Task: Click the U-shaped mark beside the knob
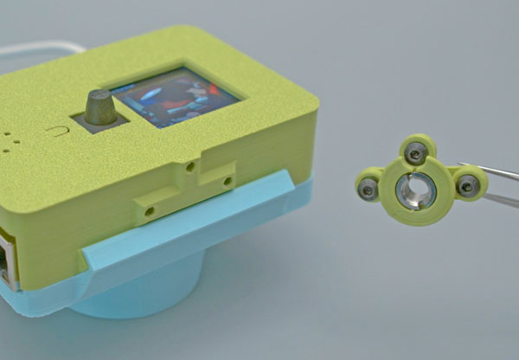pos(57,132)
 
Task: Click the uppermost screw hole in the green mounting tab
pos(190,164)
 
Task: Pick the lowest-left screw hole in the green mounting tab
pos(150,209)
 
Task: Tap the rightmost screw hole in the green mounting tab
pos(227,181)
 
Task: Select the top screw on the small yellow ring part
pos(416,154)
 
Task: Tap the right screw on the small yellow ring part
pos(469,184)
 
